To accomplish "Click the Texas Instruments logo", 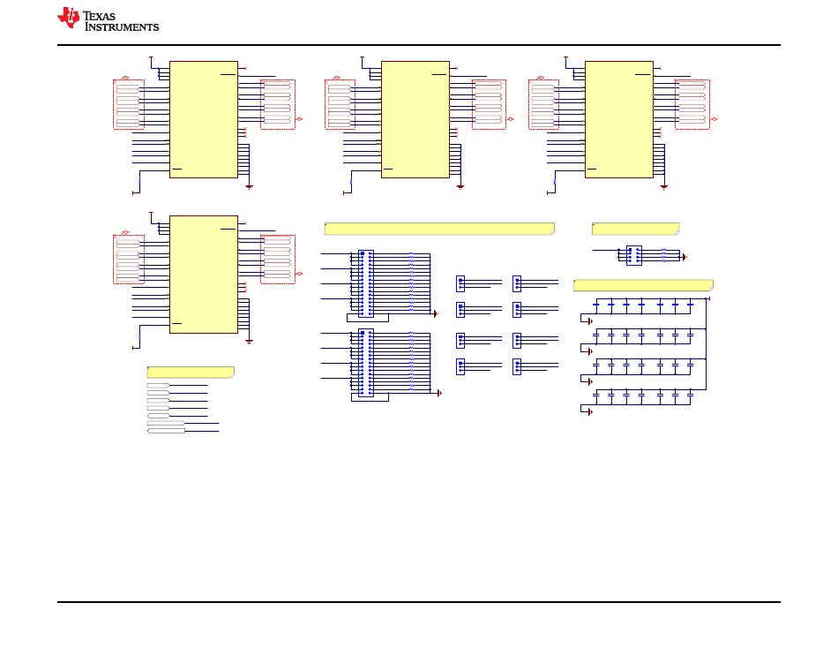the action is point(108,19).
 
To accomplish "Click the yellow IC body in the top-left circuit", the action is point(204,119).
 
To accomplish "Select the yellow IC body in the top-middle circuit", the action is point(415,119).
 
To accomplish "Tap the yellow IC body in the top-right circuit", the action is point(619,119).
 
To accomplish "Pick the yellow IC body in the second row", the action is point(204,275).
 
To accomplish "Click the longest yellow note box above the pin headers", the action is point(439,229).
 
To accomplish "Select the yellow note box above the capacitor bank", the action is point(643,285).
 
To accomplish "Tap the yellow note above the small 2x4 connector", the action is point(635,229).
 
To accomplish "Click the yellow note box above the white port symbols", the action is point(191,372).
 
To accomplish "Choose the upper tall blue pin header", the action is point(366,283).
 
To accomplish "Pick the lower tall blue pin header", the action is point(366,362).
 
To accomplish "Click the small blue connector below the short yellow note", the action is point(634,255).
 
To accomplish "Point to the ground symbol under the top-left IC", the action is point(249,187).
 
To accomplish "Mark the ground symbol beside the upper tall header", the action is point(436,314).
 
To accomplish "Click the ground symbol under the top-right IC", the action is point(663,187).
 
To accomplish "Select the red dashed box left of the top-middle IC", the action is point(340,104).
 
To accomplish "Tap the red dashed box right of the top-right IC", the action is point(692,104).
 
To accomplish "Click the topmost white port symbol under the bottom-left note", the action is point(158,385).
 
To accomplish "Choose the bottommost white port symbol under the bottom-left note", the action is point(166,431).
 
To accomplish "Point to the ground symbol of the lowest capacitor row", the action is point(589,412).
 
